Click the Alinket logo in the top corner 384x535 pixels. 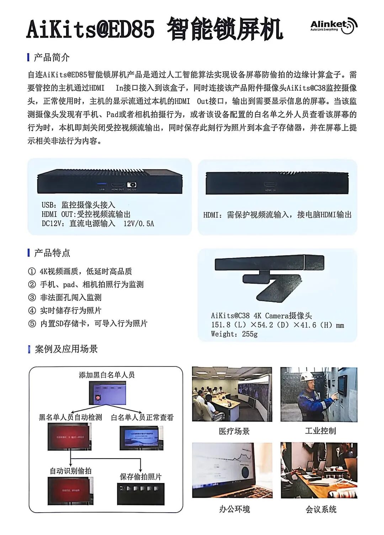pyautogui.click(x=333, y=25)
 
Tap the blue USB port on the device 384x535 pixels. pyautogui.click(x=102, y=185)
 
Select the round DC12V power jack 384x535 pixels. pyautogui.click(x=132, y=185)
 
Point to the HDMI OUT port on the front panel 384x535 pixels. pyautogui.click(x=118, y=185)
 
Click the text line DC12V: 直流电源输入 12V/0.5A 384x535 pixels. pyautogui.click(x=98, y=224)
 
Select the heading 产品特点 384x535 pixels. pyautogui.click(x=52, y=253)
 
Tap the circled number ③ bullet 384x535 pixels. pyautogui.click(x=32, y=298)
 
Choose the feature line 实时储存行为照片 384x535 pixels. pyautogui.click(x=70, y=310)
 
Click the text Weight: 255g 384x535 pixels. pyautogui.click(x=234, y=334)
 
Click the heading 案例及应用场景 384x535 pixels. pyautogui.click(x=66, y=349)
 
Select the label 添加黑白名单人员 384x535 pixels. pyautogui.click(x=107, y=375)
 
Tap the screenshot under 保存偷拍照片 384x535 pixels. pyautogui.click(x=141, y=493)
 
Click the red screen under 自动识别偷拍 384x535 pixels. pyautogui.click(x=70, y=491)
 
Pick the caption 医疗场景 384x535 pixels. pyautogui.click(x=234, y=431)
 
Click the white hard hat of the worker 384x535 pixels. pyautogui.click(x=306, y=376)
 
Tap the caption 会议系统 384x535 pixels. pyautogui.click(x=321, y=509)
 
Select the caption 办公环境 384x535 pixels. pyautogui.click(x=234, y=509)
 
